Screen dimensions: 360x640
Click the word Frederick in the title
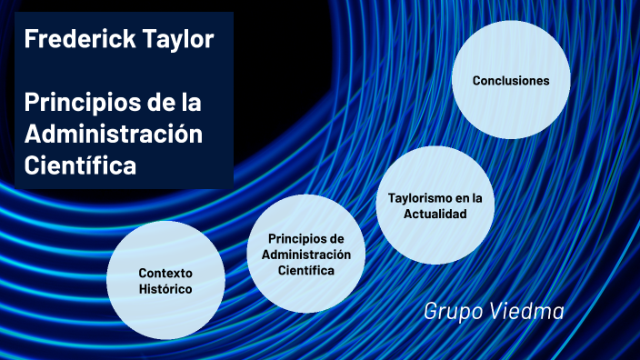[x=70, y=39]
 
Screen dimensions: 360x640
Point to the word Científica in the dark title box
[x=80, y=166]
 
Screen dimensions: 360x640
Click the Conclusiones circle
[x=511, y=80]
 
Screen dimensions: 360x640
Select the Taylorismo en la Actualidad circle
[x=435, y=205]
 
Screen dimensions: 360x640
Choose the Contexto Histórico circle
[x=165, y=280]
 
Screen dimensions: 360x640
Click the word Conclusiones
[x=511, y=80]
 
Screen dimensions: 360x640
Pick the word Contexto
[x=165, y=273]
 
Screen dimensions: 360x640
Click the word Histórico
[x=165, y=289]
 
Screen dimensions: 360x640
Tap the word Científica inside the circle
[x=306, y=271]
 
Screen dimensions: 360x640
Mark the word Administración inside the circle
[x=306, y=255]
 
